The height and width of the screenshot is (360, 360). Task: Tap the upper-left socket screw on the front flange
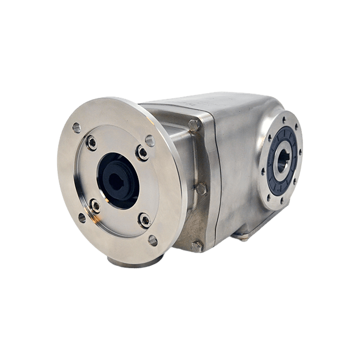(x=91, y=143)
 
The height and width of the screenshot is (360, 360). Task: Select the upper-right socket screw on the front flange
(x=142, y=153)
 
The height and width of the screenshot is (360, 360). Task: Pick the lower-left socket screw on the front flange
(x=95, y=206)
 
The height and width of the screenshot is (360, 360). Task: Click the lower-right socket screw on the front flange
(x=145, y=220)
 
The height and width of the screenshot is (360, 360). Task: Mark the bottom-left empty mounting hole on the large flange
(x=82, y=218)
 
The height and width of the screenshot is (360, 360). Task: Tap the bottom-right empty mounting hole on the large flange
(x=153, y=240)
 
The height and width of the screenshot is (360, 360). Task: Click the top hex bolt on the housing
(x=194, y=125)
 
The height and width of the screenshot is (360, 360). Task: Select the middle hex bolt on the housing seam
(x=201, y=188)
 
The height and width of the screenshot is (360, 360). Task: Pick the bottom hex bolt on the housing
(x=197, y=246)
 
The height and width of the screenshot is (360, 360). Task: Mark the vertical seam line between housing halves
(x=216, y=170)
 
